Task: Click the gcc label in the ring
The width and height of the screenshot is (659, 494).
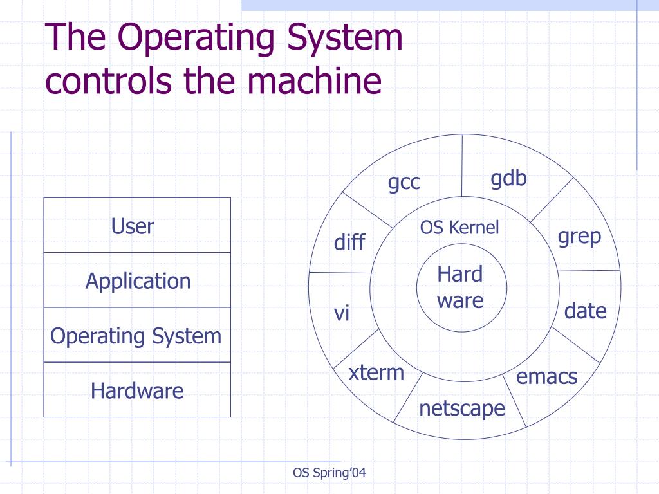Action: [404, 183]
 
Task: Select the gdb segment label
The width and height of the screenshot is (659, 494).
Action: [508, 179]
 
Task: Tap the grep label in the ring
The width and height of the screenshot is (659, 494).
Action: [579, 237]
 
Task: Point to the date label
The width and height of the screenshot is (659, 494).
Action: [585, 311]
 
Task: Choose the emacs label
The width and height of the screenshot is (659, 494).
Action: [547, 376]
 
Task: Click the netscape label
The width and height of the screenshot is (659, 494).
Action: [462, 408]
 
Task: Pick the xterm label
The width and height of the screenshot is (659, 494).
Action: [376, 372]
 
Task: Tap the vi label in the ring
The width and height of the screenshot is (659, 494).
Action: [341, 314]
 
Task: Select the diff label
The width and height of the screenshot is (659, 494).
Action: [349, 242]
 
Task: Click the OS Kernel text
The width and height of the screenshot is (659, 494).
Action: [459, 228]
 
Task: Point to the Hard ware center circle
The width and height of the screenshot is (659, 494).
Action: [459, 287]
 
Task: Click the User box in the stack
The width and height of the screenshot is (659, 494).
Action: [137, 225]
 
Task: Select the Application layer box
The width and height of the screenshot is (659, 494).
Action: [137, 280]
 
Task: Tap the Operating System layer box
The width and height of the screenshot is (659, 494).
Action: [137, 335]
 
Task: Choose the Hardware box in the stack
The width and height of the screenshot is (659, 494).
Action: [137, 390]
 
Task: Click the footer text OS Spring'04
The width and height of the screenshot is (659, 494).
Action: [329, 473]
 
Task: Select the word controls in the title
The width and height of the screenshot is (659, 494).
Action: [108, 82]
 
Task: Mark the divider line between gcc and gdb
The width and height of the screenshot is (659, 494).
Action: [462, 167]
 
